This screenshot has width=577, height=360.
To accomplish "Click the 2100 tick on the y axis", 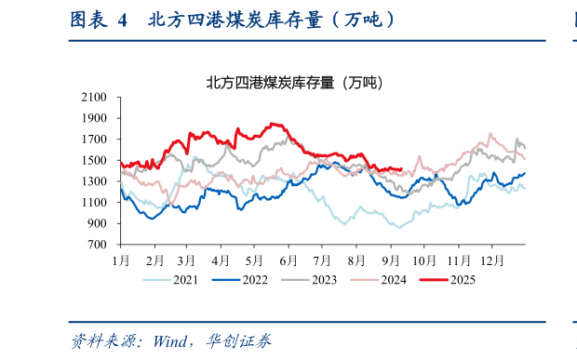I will click(x=95, y=97).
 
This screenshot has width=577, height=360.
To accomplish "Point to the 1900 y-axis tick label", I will click(x=95, y=118).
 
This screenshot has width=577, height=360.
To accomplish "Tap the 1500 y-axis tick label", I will click(x=95, y=160).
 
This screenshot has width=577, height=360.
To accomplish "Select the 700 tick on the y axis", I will click(x=98, y=245).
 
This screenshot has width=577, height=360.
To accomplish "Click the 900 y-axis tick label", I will click(x=98, y=223).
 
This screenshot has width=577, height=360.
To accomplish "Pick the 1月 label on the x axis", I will click(x=121, y=260).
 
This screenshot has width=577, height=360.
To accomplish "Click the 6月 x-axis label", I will click(x=288, y=260).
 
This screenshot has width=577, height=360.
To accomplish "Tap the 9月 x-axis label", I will click(x=391, y=260).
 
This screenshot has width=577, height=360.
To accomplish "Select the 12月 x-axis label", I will click(x=492, y=260).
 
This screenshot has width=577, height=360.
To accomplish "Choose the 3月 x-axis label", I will click(x=187, y=260).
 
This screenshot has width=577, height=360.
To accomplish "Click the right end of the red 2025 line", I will click(x=400, y=169).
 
